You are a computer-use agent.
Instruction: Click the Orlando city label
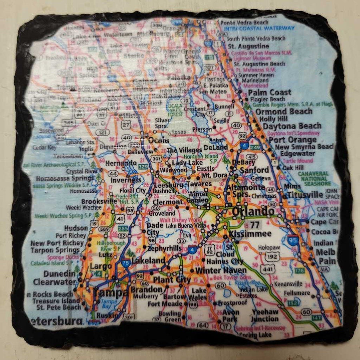[253, 211]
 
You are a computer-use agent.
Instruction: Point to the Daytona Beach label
[292, 126]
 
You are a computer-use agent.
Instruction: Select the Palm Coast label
[270, 92]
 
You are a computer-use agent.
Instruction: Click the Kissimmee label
[250, 233]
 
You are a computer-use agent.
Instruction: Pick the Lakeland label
[148, 261]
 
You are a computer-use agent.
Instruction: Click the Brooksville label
[98, 201]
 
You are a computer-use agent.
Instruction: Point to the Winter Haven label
[221, 271]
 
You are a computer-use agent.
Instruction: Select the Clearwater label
[54, 282]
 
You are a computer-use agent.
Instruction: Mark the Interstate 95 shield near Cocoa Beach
[292, 240]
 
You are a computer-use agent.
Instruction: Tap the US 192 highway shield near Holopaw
[273, 256]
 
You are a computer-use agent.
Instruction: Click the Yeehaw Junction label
[265, 315]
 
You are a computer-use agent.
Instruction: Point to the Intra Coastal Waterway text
[260, 29]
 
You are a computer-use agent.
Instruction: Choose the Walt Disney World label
[181, 220]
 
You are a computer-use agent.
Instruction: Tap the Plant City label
[172, 280]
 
